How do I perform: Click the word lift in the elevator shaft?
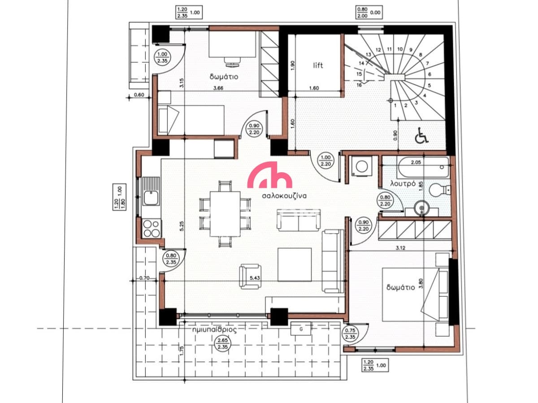tap(318, 65)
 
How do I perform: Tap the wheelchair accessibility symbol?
tap(421, 135)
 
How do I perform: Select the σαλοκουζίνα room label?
tap(284, 196)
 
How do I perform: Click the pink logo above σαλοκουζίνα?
tap(269, 175)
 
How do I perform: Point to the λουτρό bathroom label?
tap(403, 183)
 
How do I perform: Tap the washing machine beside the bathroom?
tap(361, 166)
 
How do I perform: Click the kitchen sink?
tap(151, 198)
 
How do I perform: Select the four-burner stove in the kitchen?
tap(152, 229)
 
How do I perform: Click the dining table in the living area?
tap(225, 214)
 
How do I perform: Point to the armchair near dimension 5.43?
tap(250, 276)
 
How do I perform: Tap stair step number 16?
tap(359, 85)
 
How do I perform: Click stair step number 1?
tap(395, 106)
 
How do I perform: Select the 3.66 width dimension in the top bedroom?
tap(218, 88)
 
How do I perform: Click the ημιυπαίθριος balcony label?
tap(215, 330)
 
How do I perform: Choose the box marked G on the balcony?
tap(301, 329)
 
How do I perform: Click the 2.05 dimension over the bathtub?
tap(416, 162)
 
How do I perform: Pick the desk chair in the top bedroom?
tap(232, 61)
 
